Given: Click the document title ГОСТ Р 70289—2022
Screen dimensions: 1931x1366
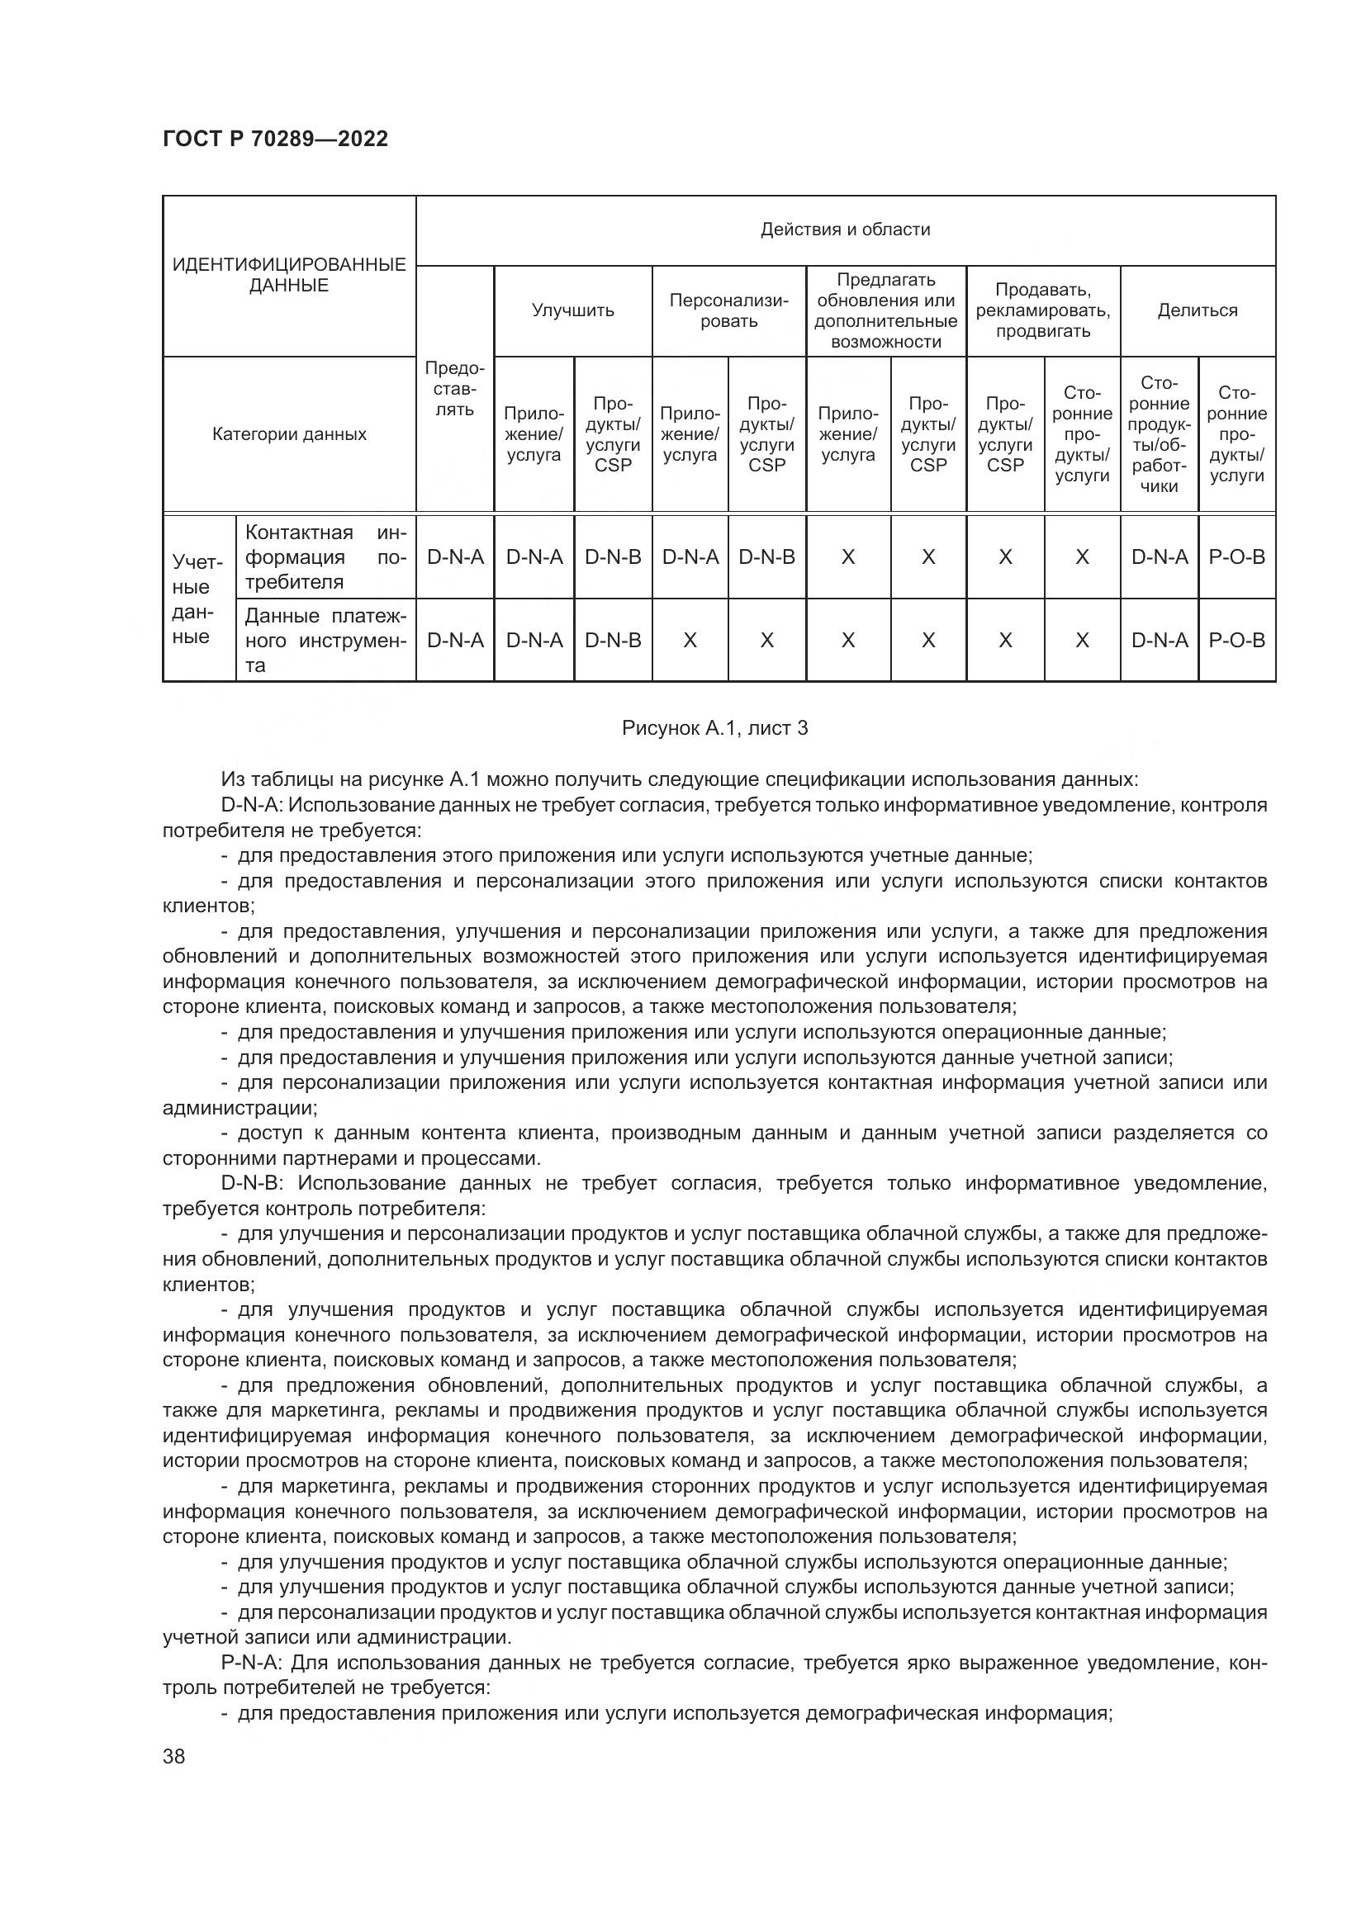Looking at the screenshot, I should (x=275, y=139).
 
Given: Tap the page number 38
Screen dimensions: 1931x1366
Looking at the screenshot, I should (x=174, y=1756).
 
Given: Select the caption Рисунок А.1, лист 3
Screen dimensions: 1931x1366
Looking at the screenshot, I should (x=714, y=728).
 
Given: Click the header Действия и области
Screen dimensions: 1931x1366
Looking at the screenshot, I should (x=845, y=230).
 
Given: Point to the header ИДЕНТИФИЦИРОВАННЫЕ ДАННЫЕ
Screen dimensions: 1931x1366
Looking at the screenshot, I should (x=288, y=275).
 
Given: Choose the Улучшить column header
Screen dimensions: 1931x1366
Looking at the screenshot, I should (x=572, y=310).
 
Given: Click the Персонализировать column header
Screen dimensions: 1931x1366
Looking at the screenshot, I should (x=728, y=310).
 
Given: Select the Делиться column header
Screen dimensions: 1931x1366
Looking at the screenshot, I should (x=1197, y=310).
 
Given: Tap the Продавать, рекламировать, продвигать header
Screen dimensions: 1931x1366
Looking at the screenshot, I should (x=1042, y=310).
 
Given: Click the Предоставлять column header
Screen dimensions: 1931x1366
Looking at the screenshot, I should (x=454, y=389).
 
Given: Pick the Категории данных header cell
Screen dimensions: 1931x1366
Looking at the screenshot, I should (x=288, y=434).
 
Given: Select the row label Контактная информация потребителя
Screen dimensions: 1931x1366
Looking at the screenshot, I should (x=325, y=556).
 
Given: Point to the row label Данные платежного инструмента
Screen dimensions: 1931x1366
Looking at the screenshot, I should (x=325, y=640).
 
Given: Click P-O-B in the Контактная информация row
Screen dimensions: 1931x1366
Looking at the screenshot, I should (x=1236, y=556).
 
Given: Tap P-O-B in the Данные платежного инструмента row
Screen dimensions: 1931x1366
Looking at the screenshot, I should (x=1236, y=640).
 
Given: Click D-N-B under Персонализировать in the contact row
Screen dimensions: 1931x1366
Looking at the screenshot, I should (x=766, y=556).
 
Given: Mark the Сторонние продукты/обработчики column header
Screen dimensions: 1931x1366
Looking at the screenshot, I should (x=1158, y=434).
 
